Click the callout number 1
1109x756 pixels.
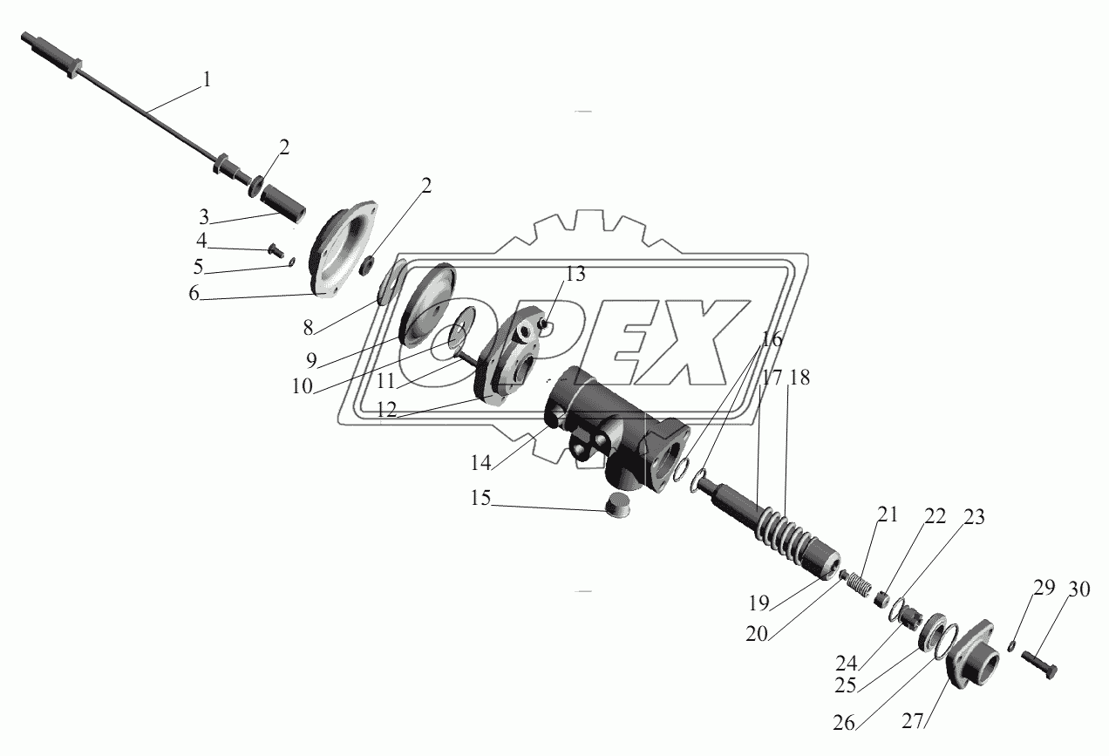[207, 79]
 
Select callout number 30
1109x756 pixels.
[1078, 589]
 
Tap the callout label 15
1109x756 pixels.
[480, 498]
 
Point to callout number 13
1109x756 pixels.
[575, 274]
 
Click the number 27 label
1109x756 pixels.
[913, 721]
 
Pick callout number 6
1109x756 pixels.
[194, 294]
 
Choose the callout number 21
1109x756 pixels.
[888, 514]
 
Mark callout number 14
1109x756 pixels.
[480, 463]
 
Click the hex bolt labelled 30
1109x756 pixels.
[1038, 665]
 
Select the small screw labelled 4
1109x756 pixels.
[276, 249]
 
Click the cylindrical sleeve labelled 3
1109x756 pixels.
[282, 202]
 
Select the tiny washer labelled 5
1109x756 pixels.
[291, 262]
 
